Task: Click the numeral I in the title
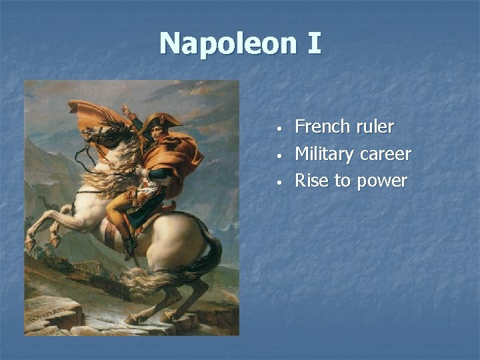click(x=314, y=44)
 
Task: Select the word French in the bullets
click(x=321, y=127)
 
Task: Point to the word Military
click(x=324, y=154)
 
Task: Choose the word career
click(x=385, y=154)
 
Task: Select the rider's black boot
click(x=129, y=245)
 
